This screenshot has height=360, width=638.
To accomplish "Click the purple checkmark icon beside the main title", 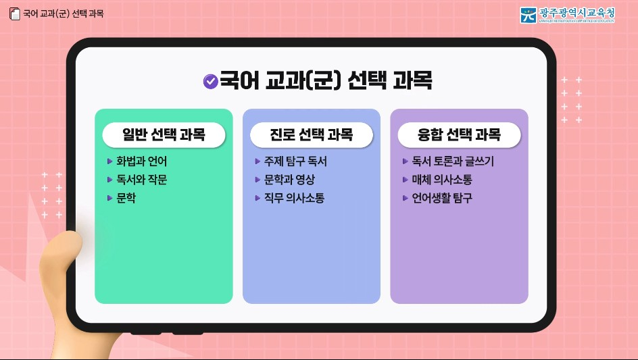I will coord(210,82).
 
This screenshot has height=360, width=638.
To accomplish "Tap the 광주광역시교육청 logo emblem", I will coord(529,15).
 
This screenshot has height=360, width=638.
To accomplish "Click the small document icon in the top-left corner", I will coord(14,14).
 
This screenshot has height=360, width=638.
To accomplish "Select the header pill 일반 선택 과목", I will coord(164,134).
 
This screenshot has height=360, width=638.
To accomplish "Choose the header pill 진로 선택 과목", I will coord(312,134).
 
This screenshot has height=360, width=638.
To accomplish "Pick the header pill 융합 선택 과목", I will coord(459,134).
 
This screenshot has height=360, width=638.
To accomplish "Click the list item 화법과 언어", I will coord(141,161).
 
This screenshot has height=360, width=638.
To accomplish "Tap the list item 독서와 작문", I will coord(141,180).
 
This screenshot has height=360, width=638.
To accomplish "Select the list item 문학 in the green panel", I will coord(126,199).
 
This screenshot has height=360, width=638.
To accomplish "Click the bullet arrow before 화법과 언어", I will coord(110,161).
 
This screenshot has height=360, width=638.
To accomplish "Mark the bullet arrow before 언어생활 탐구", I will coord(405,199).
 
